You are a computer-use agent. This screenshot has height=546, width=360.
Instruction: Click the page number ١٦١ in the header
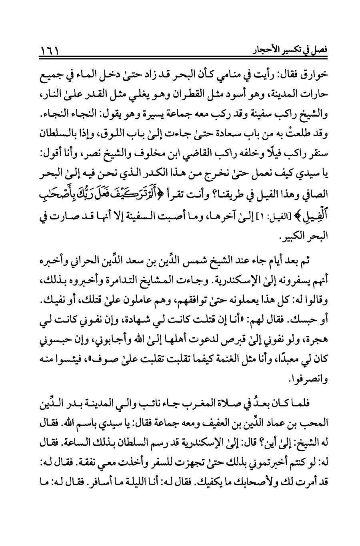coord(50,51)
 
